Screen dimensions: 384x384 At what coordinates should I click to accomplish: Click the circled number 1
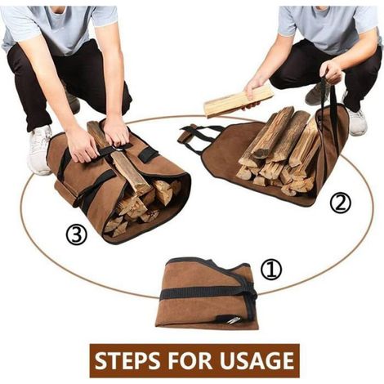coord(271,269)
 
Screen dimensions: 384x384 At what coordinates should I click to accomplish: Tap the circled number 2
coord(341,203)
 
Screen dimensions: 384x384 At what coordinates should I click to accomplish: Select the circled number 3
coord(76,234)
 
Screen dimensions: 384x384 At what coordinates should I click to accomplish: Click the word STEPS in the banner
coord(128,360)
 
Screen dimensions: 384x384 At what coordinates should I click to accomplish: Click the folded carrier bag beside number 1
coord(208,292)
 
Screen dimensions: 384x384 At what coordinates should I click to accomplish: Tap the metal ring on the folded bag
coord(233,320)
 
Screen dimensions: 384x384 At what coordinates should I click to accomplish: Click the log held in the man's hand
coord(239,100)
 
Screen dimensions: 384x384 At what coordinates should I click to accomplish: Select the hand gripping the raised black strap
coord(331,72)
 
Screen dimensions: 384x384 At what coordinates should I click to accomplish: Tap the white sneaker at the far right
coord(357,122)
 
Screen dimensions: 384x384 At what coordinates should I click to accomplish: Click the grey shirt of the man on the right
coord(328,26)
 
